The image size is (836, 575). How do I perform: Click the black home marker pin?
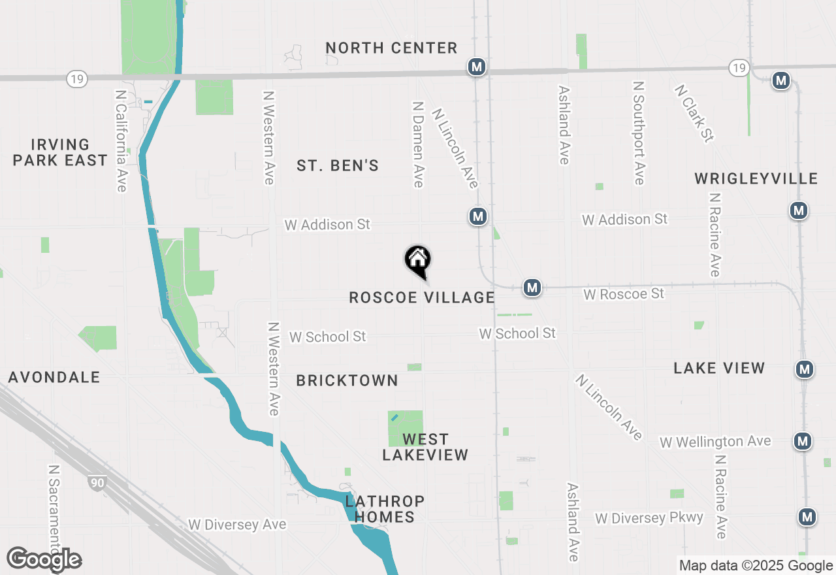click(x=418, y=260)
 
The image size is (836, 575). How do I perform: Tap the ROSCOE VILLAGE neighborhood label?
click(x=422, y=298)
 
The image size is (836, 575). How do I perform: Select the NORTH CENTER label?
click(x=391, y=48)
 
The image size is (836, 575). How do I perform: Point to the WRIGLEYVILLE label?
click(x=756, y=179)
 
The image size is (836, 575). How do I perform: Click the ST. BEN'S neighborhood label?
click(x=338, y=166)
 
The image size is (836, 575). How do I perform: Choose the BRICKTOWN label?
click(x=347, y=381)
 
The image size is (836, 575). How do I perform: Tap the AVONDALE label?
click(x=54, y=378)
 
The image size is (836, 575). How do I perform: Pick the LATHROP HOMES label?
click(x=385, y=509)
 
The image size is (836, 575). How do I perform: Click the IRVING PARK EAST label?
click(x=60, y=152)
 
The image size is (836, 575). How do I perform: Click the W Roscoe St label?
click(x=624, y=294)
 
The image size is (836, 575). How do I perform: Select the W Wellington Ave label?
click(x=715, y=442)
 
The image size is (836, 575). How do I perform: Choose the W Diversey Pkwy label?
click(x=649, y=518)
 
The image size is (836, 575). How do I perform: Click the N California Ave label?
click(x=121, y=141)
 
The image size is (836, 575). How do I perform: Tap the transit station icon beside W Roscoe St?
click(x=532, y=287)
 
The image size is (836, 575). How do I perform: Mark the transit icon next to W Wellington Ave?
click(x=803, y=441)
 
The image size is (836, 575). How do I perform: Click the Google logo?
click(x=44, y=559)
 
